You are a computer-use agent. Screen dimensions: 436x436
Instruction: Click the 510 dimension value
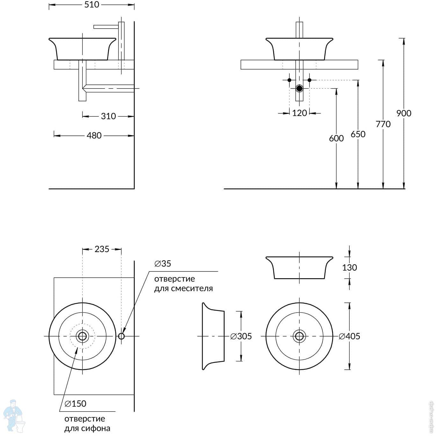[92, 4]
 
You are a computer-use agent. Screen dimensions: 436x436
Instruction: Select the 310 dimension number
[108, 116]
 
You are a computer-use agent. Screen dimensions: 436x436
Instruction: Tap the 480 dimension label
[94, 135]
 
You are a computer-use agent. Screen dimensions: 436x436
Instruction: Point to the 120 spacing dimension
[299, 113]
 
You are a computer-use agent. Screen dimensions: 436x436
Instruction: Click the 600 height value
[336, 138]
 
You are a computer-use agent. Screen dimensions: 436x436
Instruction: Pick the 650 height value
[358, 134]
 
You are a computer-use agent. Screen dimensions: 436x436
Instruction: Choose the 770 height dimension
[383, 124]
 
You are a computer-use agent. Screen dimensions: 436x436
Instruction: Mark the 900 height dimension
[403, 113]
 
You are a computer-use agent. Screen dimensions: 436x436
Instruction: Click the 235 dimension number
[102, 249]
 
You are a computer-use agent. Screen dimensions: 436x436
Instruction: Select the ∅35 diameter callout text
[163, 264]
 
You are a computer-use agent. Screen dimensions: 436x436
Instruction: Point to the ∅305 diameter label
[241, 337]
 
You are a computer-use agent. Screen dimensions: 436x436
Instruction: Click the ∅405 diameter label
[349, 337]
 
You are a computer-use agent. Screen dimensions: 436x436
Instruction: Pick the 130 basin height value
[349, 268]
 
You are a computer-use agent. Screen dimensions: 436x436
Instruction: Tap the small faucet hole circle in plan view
[121, 336]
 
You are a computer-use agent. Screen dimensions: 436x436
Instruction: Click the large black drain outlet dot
[299, 89]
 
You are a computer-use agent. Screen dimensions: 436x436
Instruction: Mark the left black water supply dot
[289, 80]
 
